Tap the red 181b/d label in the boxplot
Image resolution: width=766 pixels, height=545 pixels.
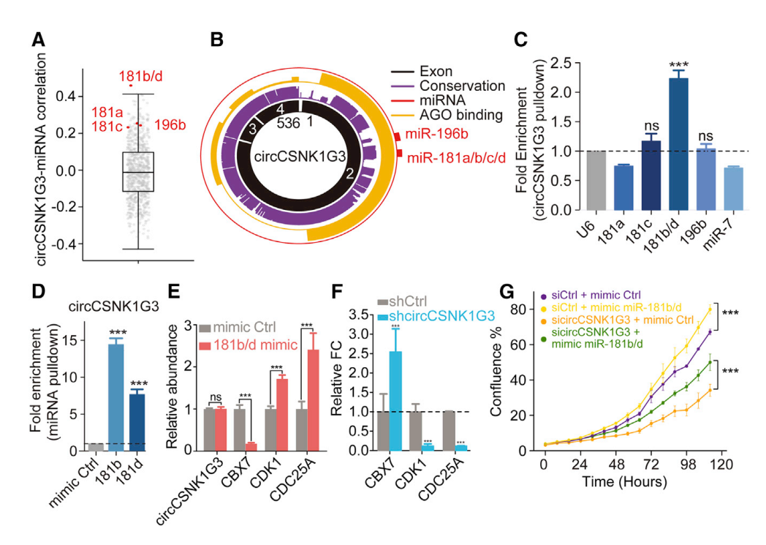(x=142, y=75)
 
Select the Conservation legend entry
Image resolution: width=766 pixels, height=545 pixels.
(x=462, y=86)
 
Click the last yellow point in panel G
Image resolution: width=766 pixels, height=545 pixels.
(x=709, y=309)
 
